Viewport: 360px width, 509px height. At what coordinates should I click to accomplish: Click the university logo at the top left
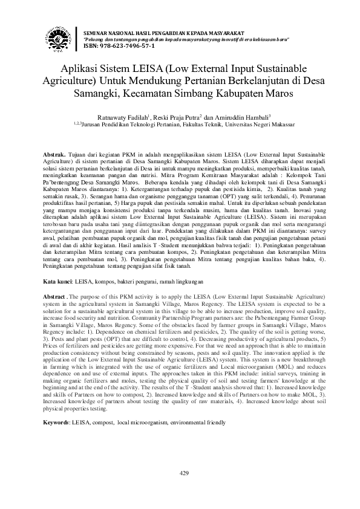(x=59, y=38)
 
